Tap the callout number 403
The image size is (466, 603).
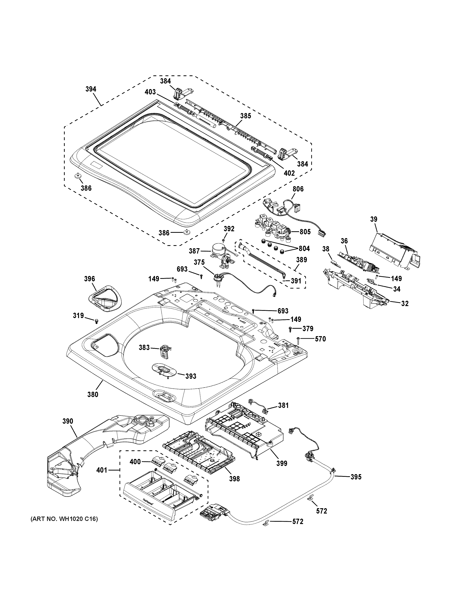click(x=150, y=92)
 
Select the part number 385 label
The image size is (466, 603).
click(x=245, y=116)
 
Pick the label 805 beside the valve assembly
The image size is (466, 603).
click(x=305, y=232)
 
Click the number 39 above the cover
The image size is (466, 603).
click(x=374, y=219)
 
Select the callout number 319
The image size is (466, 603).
click(x=78, y=315)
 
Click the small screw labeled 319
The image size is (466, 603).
click(x=97, y=321)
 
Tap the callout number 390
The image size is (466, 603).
click(x=68, y=429)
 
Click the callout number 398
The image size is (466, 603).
click(x=234, y=479)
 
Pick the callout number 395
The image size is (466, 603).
click(x=356, y=477)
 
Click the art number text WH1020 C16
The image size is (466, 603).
click(x=64, y=519)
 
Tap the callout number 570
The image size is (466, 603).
click(x=320, y=339)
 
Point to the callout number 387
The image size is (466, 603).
click(x=194, y=251)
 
